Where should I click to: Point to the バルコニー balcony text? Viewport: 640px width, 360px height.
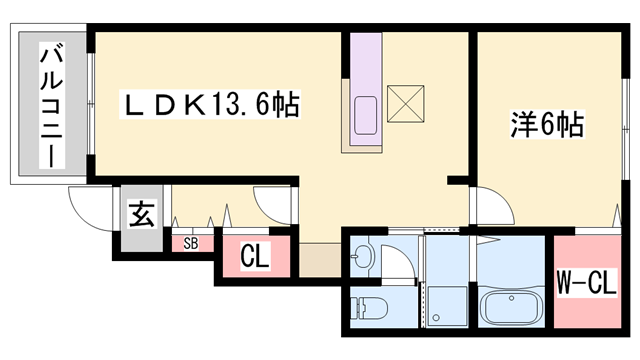tap(47, 104)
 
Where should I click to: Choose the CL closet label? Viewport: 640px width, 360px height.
tap(255, 257)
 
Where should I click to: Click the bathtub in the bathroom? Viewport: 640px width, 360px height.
tap(511, 306)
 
